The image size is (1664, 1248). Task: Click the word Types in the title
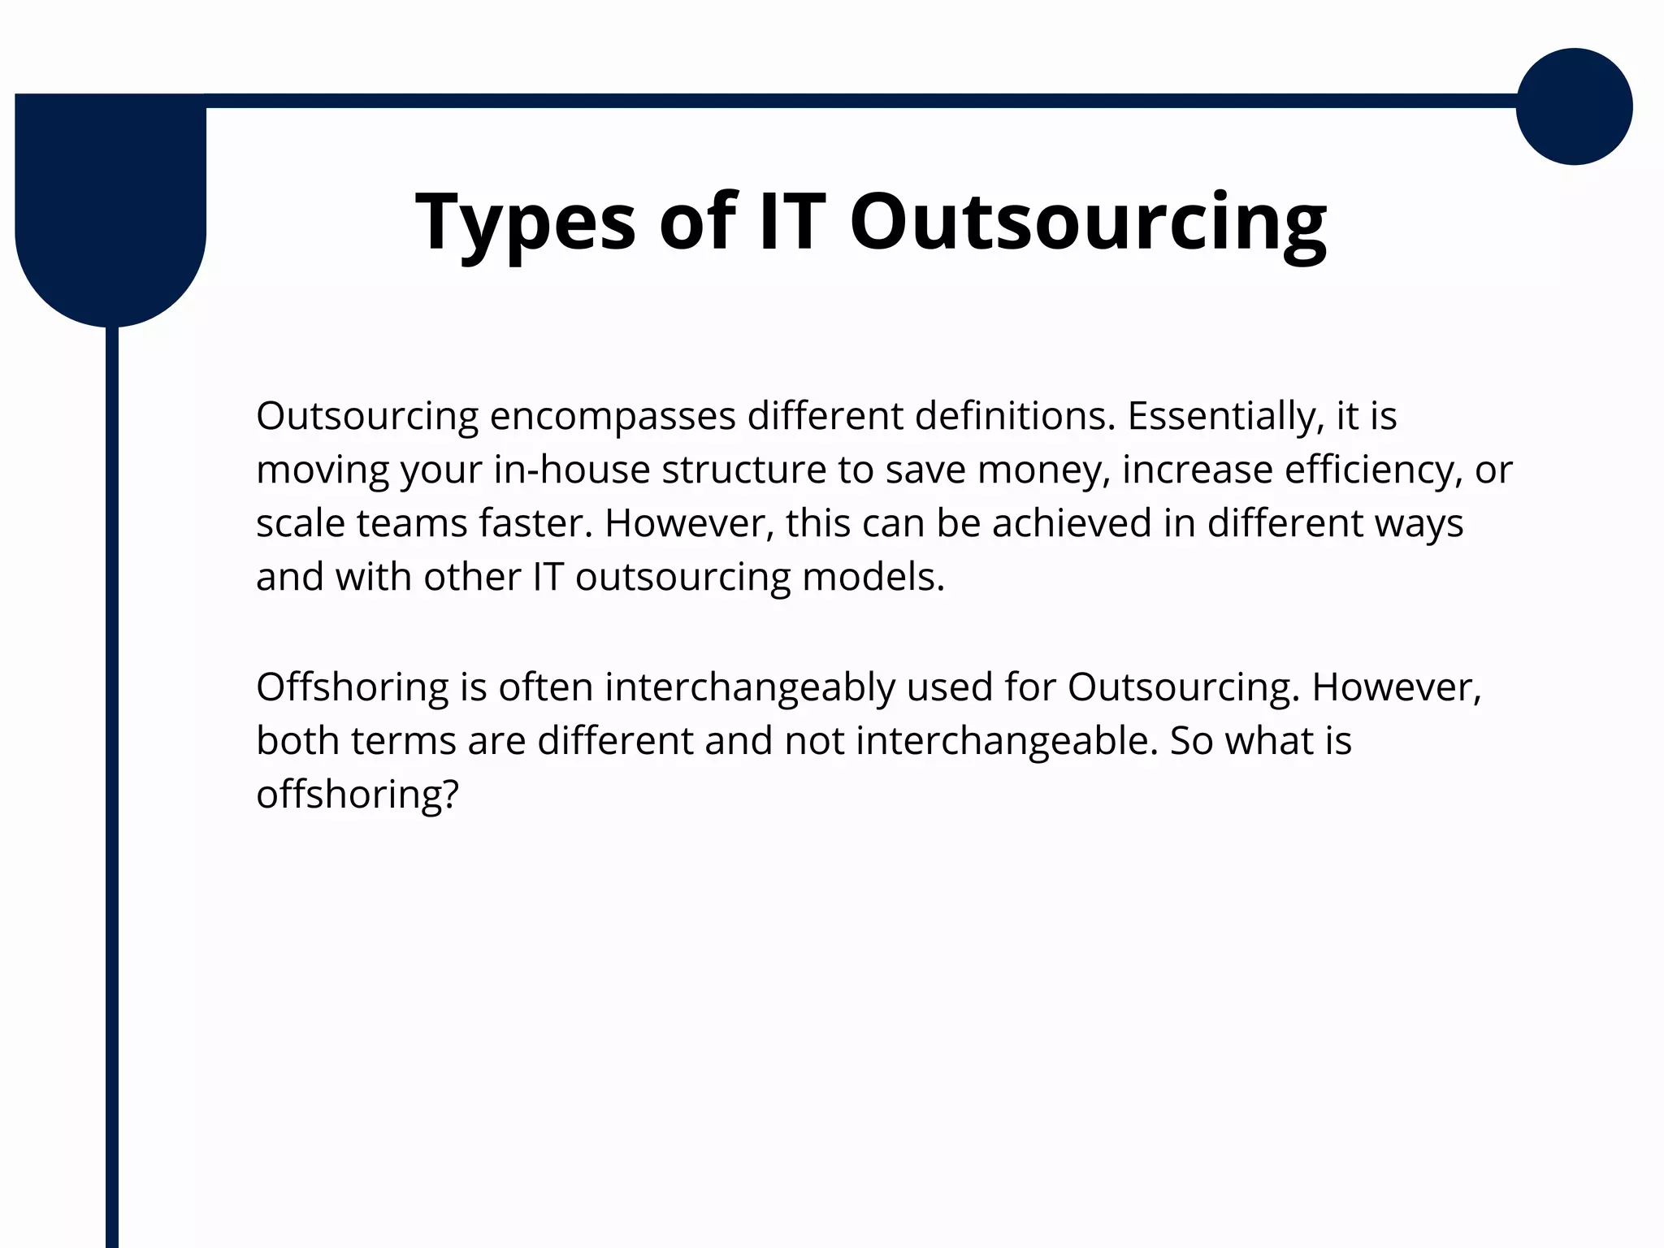525,222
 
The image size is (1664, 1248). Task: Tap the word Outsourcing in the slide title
1088,222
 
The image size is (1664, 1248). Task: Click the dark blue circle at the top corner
1574,106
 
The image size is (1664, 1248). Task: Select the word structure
744,470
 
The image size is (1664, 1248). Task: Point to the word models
873,577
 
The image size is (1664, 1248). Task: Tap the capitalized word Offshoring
352,687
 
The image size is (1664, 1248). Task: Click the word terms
402,741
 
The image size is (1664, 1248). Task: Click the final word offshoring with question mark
357,794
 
